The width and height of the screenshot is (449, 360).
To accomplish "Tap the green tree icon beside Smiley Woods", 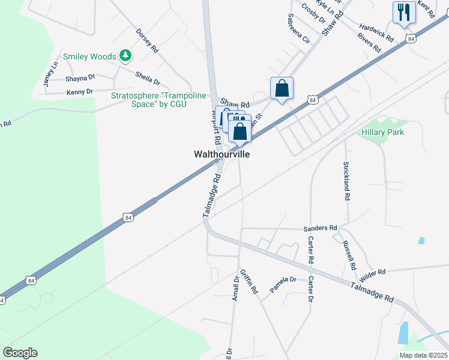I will [125, 56].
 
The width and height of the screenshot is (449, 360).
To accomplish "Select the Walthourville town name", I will [221, 154].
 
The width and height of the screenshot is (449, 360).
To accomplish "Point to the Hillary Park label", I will [382, 132].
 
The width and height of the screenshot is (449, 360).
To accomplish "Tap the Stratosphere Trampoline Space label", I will [158, 100].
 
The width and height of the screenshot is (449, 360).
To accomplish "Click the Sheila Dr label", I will [148, 78].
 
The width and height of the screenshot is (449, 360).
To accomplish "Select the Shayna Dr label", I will [80, 77].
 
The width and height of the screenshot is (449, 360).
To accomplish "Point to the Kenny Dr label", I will [80, 92].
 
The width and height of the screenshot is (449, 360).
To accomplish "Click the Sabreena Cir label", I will [298, 29].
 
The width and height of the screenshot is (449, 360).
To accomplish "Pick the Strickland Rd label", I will [346, 176].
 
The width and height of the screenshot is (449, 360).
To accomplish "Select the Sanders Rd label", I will [321, 228].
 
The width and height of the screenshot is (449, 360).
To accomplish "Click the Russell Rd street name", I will [349, 255].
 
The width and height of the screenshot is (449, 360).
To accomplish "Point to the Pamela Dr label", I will [283, 284].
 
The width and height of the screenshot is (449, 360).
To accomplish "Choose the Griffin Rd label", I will [249, 280].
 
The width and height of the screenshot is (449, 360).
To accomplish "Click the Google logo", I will [20, 352].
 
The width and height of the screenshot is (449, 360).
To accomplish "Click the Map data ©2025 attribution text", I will [423, 355].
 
